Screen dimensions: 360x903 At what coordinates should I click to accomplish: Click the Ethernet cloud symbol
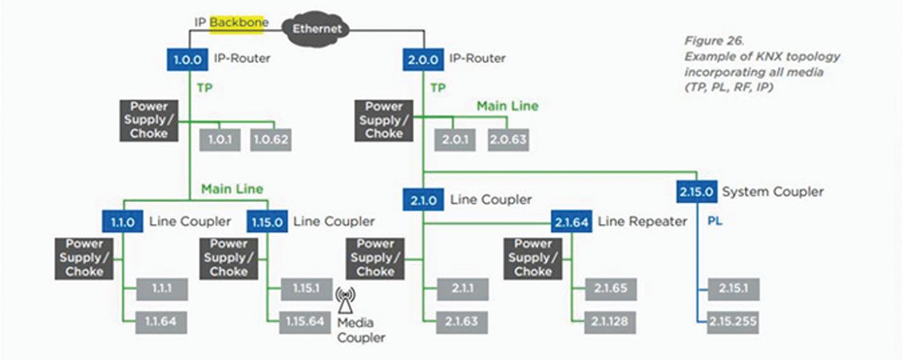[x=317, y=29]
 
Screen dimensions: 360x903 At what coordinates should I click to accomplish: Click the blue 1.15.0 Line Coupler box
[x=267, y=221]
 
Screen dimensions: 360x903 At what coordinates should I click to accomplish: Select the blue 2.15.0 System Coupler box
[x=696, y=191]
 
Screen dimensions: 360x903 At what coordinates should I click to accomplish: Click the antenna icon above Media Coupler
[x=346, y=297]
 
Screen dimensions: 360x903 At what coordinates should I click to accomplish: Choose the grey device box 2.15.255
[x=734, y=322]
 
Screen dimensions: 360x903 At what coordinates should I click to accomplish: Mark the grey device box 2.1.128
[x=611, y=322]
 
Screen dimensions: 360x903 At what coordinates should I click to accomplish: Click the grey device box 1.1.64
[x=163, y=322]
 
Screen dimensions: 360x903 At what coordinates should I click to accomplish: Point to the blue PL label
[x=715, y=222]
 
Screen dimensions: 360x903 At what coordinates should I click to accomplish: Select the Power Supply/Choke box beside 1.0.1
[x=149, y=120]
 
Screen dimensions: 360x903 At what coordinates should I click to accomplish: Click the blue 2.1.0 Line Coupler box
[x=423, y=200]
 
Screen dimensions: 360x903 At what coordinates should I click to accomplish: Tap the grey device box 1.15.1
[x=305, y=289]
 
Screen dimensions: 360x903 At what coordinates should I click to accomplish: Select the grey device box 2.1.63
[x=462, y=322]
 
